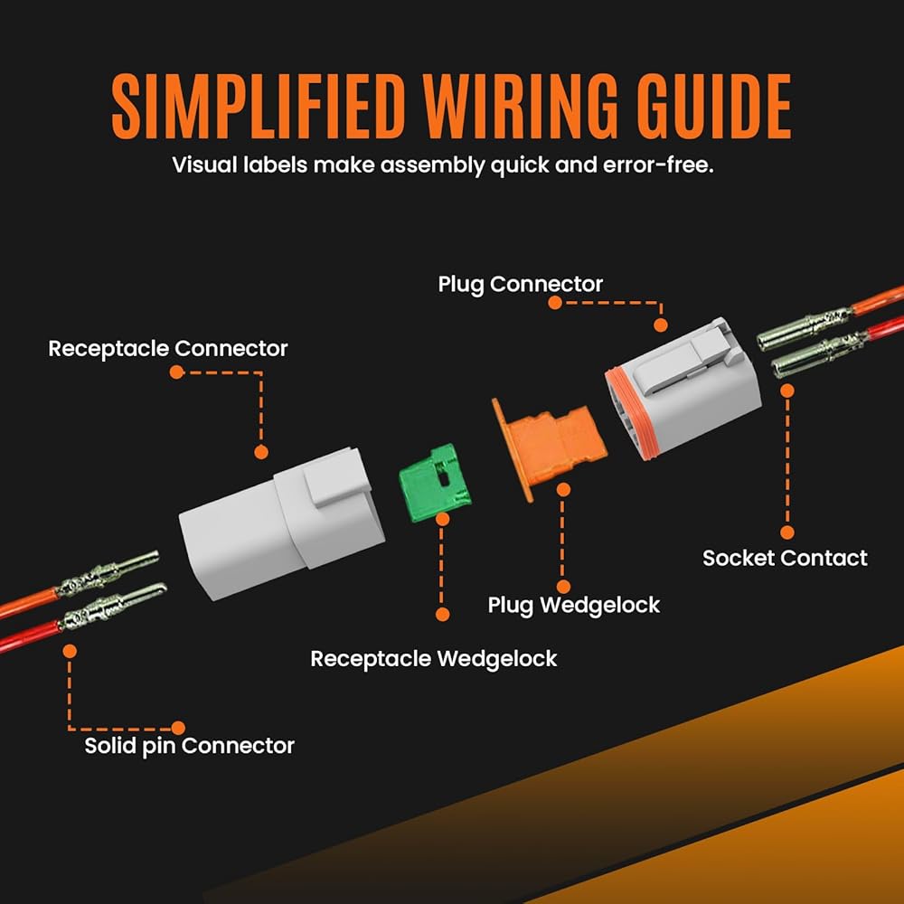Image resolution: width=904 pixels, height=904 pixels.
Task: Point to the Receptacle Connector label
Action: point(168,348)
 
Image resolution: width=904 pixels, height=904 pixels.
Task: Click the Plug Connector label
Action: point(520,284)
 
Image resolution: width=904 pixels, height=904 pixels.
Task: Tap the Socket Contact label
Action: point(785,558)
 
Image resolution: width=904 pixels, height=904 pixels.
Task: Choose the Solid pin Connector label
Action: point(189,746)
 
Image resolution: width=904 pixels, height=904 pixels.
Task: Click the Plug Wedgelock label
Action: point(574,604)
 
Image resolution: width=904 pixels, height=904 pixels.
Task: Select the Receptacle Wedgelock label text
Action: point(434,658)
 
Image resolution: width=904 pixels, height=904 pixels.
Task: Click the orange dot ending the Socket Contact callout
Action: point(787,533)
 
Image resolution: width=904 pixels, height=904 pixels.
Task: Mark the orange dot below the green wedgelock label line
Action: point(443,614)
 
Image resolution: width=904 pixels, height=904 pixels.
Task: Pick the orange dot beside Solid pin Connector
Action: point(178,727)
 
